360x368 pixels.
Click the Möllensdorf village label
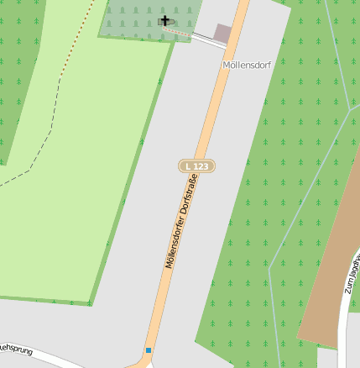point(247,65)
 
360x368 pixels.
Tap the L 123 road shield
point(197,166)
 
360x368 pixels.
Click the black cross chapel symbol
point(164,21)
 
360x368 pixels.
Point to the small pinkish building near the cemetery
point(222,33)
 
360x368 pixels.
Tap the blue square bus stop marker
point(149,350)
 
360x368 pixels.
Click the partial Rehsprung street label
point(14,347)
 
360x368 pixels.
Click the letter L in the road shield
point(188,166)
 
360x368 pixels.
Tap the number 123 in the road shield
point(201,166)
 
